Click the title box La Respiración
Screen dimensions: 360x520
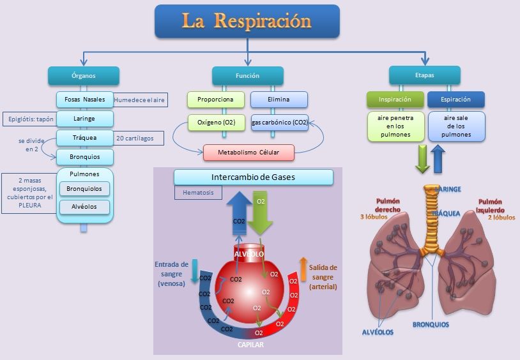tap(247, 21)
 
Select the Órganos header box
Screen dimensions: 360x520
tap(84, 75)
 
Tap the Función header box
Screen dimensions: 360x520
tap(247, 75)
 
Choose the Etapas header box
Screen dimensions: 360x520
tap(425, 75)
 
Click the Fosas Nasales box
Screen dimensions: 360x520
tap(85, 100)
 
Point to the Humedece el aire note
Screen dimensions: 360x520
tap(140, 100)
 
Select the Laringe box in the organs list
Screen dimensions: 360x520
tap(85, 119)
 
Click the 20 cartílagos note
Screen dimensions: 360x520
tap(139, 138)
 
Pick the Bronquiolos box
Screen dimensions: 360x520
tap(85, 189)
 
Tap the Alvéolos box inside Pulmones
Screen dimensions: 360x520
tap(85, 207)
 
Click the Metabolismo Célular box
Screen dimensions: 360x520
tap(248, 153)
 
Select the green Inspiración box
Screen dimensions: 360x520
tap(395, 100)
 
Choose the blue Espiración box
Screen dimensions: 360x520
tap(455, 100)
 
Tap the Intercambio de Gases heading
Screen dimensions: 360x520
tap(253, 177)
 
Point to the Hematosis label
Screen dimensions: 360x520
tap(198, 191)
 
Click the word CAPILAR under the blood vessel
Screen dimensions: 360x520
tap(251, 345)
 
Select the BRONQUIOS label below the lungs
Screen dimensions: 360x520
tap(431, 324)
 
